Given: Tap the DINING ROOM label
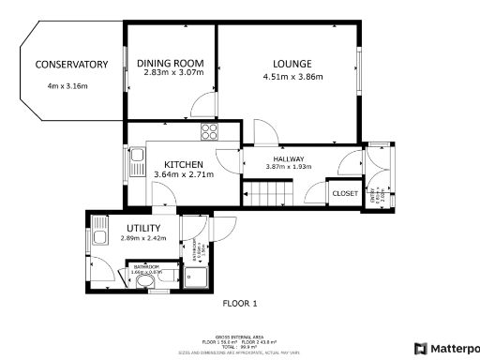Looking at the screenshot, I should click(171, 64).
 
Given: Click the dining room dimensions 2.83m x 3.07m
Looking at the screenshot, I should click(170, 73).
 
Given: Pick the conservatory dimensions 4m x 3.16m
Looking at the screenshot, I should click(67, 86).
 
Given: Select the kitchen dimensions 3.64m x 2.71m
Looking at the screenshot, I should click(183, 174).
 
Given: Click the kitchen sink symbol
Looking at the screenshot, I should click(137, 157).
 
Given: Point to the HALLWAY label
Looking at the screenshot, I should click(289, 158).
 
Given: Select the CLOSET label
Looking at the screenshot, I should click(345, 193).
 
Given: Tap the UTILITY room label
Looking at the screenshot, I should click(143, 228).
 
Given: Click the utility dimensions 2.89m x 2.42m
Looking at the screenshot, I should click(143, 238).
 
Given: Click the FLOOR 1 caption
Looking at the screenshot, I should click(239, 303).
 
